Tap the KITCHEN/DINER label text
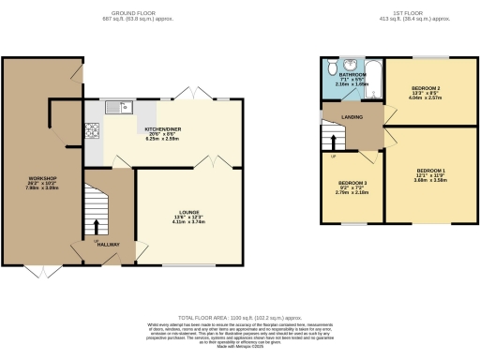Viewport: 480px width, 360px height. click(x=161, y=128)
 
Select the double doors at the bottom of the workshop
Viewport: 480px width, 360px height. click(x=40, y=272)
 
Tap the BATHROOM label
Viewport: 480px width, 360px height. click(x=352, y=74)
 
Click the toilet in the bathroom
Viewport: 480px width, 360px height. click(x=333, y=67)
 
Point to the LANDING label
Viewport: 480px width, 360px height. click(x=352, y=117)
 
